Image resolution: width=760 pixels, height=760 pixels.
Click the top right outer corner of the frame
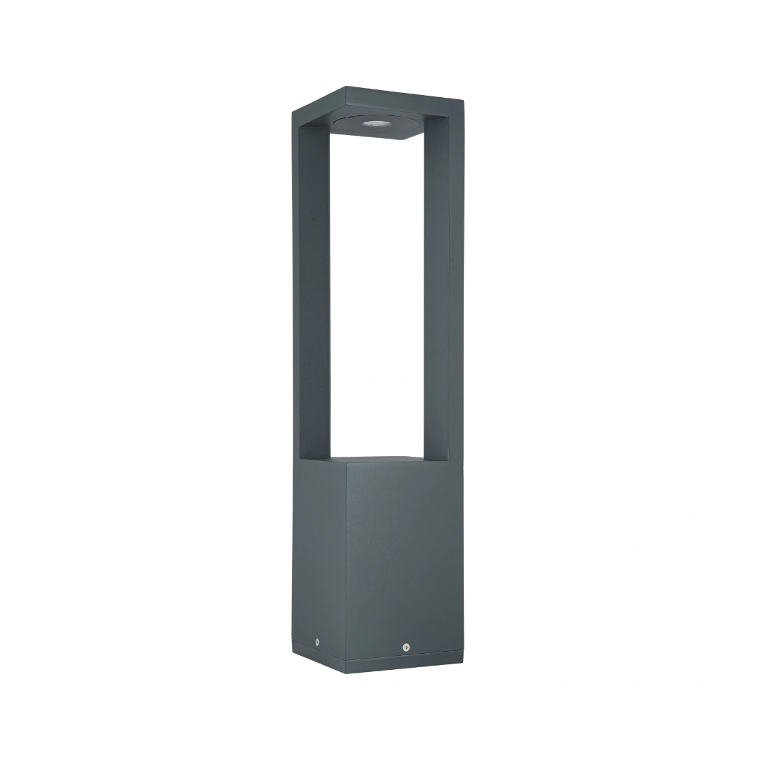(464, 101)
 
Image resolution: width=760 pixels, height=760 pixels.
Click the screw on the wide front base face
(406, 647)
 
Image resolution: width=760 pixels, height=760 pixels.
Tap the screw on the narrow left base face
(317, 642)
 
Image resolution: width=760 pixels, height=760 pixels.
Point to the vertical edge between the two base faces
(346, 563)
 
